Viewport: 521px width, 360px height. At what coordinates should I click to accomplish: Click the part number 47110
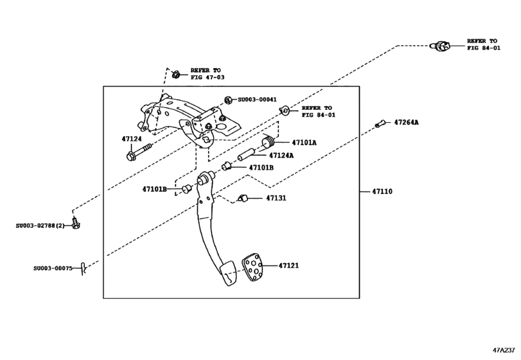pyautogui.click(x=382, y=192)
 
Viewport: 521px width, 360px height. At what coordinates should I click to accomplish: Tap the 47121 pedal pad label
pyautogui.click(x=288, y=265)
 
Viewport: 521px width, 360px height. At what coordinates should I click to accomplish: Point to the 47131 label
pyautogui.click(x=276, y=198)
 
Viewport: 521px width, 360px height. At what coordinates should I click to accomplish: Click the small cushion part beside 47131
pyautogui.click(x=243, y=197)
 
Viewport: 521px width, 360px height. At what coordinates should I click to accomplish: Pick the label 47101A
pyautogui.click(x=305, y=143)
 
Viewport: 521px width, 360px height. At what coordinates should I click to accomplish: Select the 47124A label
pyautogui.click(x=281, y=155)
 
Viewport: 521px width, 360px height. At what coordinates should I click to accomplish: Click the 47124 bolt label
pyautogui.click(x=132, y=138)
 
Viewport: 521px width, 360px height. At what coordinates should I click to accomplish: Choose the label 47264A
pyautogui.click(x=406, y=122)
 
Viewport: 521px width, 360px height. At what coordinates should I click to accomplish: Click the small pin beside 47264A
pyautogui.click(x=380, y=123)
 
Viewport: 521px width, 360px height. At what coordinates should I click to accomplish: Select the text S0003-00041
pyautogui.click(x=257, y=100)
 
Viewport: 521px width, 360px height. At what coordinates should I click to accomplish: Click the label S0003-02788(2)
pyautogui.click(x=40, y=225)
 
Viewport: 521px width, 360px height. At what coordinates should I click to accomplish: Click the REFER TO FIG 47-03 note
pyautogui.click(x=208, y=73)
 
